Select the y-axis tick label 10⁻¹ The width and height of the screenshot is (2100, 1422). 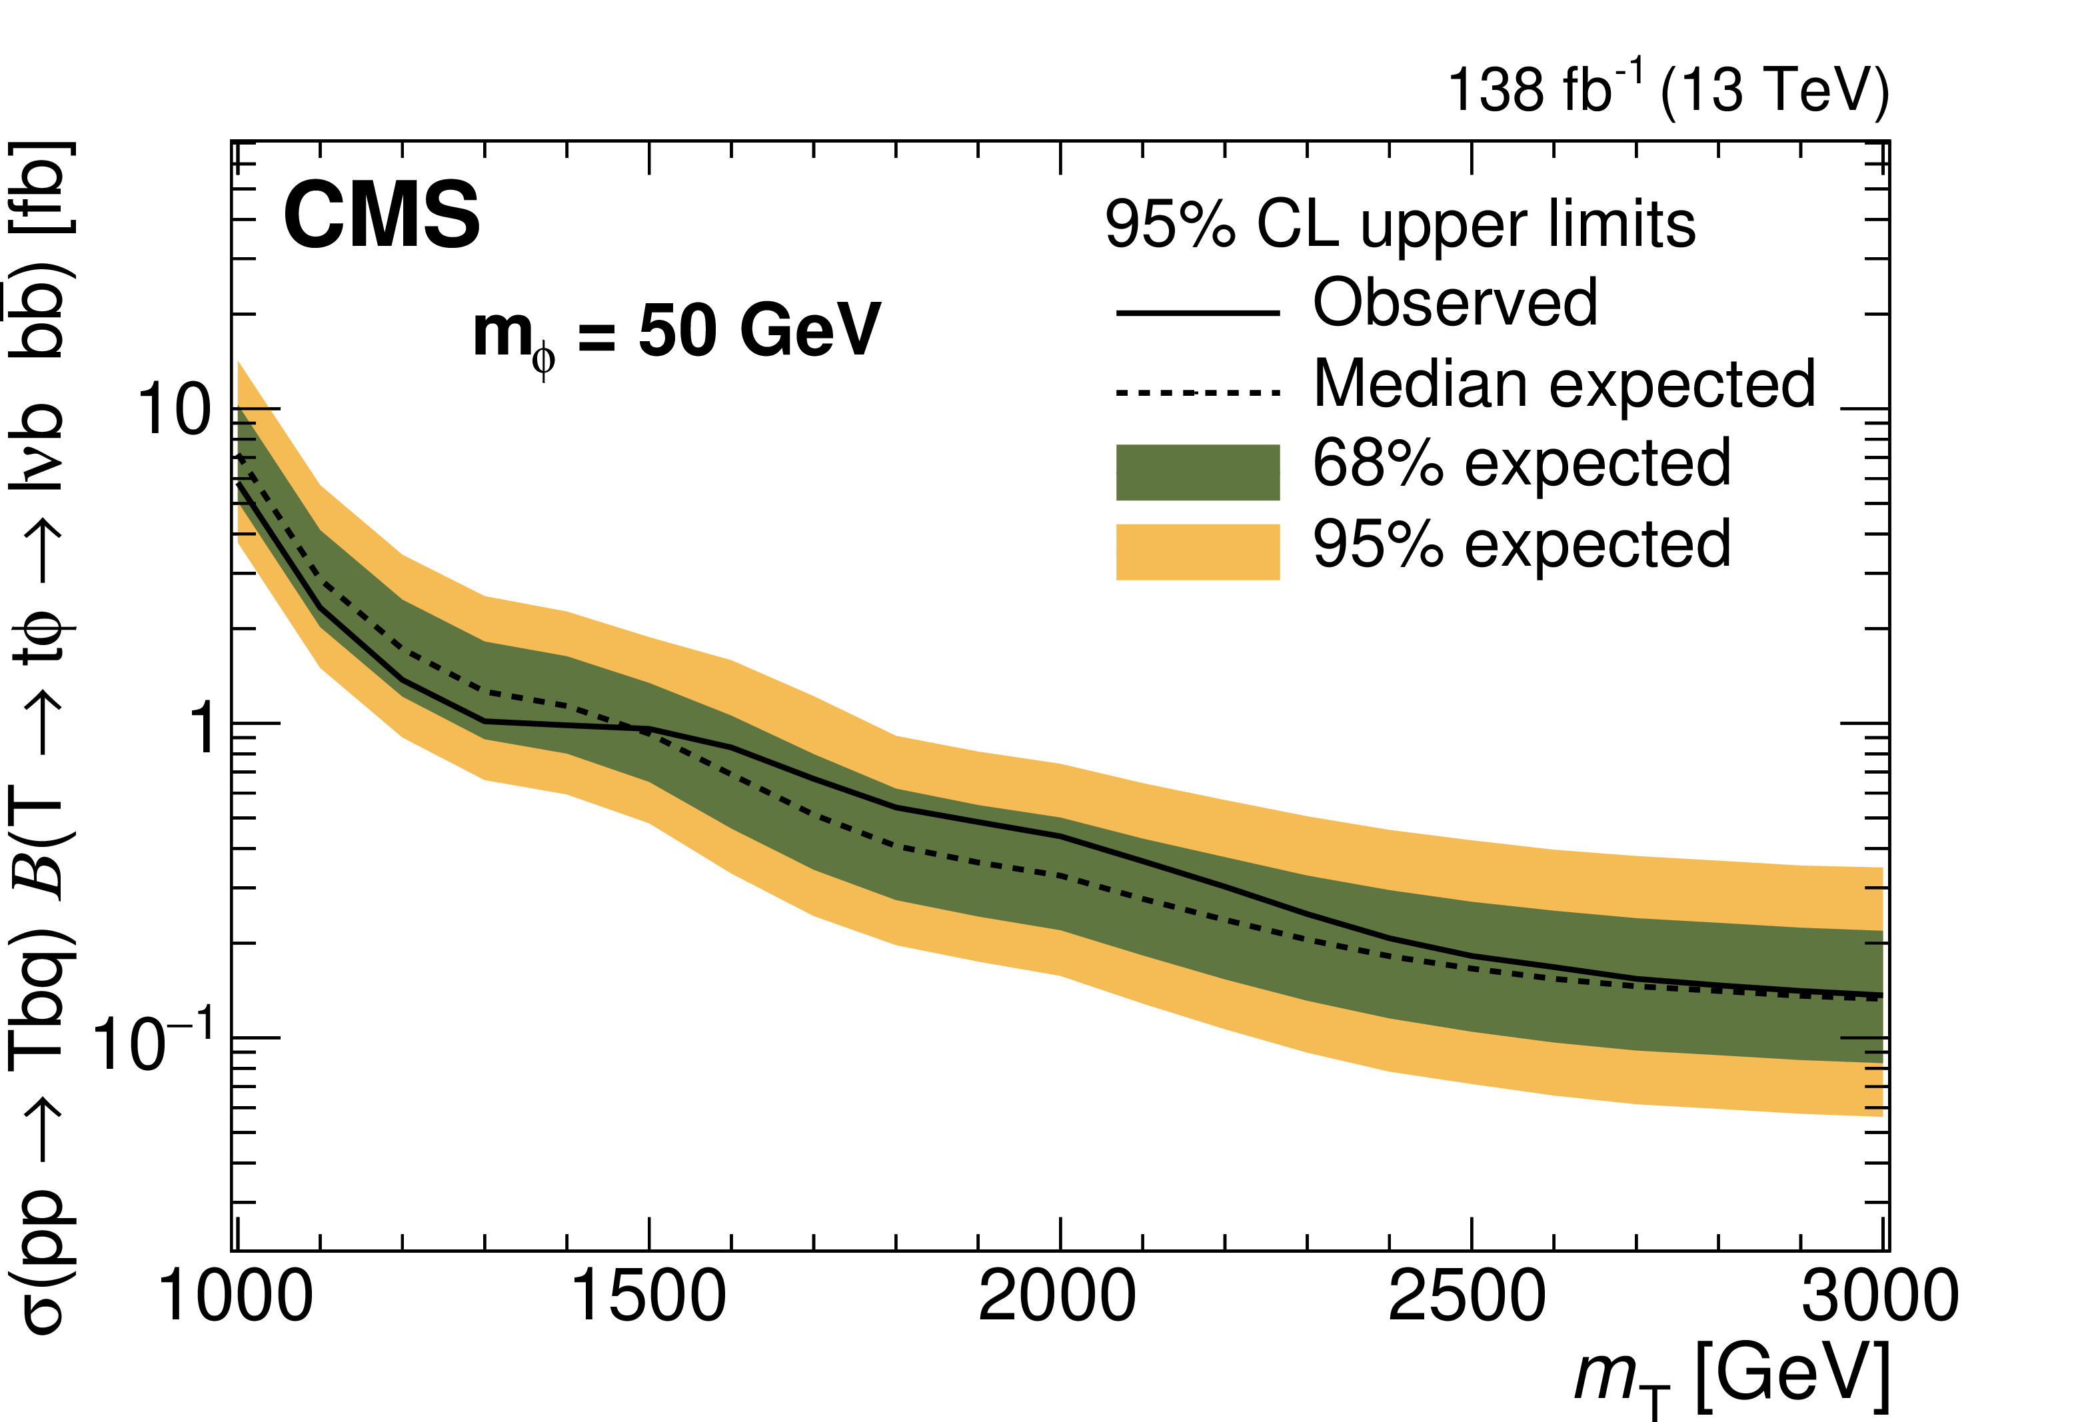153,1041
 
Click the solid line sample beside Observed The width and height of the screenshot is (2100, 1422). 1198,313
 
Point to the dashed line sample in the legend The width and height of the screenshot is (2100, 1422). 1198,392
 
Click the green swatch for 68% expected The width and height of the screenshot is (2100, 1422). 1198,472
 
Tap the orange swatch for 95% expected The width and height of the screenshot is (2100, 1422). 1198,551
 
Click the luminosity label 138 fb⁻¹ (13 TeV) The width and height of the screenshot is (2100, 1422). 1668,91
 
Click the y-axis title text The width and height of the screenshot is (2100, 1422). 41,736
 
